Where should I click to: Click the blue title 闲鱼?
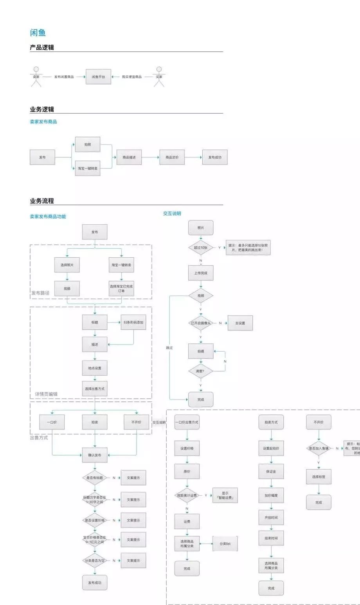(x=38, y=33)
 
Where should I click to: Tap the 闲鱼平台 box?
(x=99, y=77)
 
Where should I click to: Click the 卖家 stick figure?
(x=36, y=76)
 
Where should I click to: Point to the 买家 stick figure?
(x=159, y=76)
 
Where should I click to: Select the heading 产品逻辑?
(x=42, y=47)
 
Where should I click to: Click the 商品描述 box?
(x=129, y=157)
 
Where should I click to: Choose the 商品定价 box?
(x=172, y=157)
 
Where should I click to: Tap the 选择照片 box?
(x=67, y=265)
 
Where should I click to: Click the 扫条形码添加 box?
(x=133, y=322)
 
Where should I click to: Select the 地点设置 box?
(x=95, y=368)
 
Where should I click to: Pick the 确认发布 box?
(x=95, y=455)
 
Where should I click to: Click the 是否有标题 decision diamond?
(x=95, y=478)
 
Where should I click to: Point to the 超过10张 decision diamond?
(x=201, y=247)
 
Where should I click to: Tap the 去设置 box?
(x=240, y=323)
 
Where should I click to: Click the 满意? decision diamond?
(x=200, y=371)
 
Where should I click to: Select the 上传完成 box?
(x=201, y=273)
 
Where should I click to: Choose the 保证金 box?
(x=271, y=471)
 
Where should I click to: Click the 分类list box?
(x=225, y=544)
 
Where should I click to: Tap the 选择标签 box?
(x=319, y=477)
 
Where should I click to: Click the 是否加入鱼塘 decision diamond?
(x=319, y=448)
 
